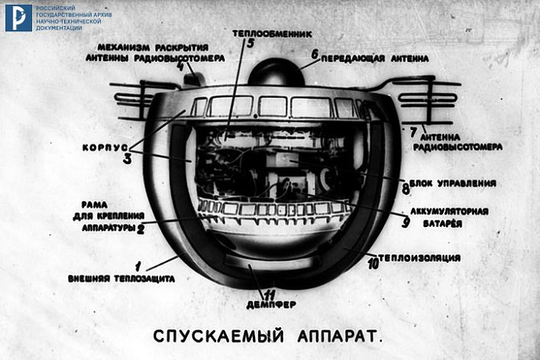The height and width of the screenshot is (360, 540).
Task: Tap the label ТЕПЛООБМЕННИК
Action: [272, 34]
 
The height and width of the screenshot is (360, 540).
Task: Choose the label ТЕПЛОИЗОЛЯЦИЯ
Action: [419, 257]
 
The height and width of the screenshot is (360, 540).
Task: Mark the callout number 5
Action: [250, 45]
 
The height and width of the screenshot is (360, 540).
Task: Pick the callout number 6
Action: [314, 55]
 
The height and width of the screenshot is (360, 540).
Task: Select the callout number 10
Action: [373, 265]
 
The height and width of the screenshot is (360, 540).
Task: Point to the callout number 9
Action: [405, 221]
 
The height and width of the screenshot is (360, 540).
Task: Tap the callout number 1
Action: [139, 266]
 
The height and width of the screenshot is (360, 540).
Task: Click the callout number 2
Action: [141, 229]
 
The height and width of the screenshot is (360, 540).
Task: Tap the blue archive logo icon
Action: [18, 17]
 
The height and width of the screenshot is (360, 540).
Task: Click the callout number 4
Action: [181, 67]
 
